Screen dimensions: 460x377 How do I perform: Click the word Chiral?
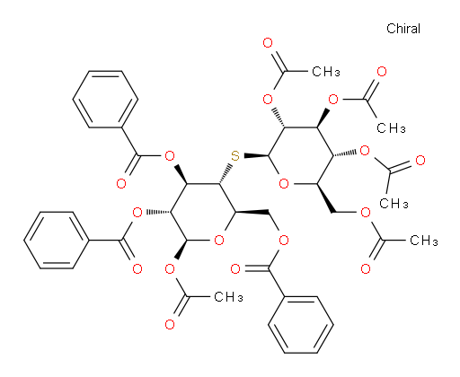click(x=403, y=29)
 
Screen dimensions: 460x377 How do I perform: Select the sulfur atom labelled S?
click(x=235, y=156)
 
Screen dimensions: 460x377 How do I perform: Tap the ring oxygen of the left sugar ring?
click(x=219, y=240)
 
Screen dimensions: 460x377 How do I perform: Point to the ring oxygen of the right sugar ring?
click(x=284, y=183)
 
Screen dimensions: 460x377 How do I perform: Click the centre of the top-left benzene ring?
click(x=105, y=100)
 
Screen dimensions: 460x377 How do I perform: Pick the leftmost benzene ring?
click(x=57, y=240)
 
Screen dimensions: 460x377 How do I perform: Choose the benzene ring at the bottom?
click(x=301, y=325)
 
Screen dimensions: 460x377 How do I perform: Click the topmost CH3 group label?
click(x=326, y=72)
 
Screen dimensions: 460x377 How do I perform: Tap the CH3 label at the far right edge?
click(x=423, y=241)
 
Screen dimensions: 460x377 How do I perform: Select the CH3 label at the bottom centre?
click(x=228, y=297)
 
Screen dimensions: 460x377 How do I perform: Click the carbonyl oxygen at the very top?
click(x=268, y=43)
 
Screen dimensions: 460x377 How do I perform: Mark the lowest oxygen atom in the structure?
click(x=170, y=325)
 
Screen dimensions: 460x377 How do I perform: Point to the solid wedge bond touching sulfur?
click(x=256, y=155)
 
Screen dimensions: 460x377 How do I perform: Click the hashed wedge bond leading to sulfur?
click(x=226, y=174)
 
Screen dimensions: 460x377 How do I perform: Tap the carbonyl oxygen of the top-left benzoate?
click(x=121, y=183)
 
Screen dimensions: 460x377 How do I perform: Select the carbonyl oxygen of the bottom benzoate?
click(x=235, y=268)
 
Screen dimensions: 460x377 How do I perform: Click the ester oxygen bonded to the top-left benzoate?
click(x=170, y=155)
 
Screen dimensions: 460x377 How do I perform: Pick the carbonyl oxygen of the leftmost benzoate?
click(x=137, y=268)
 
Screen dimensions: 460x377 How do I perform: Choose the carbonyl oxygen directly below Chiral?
click(x=382, y=72)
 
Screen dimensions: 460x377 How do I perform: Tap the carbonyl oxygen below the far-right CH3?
click(x=366, y=268)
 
